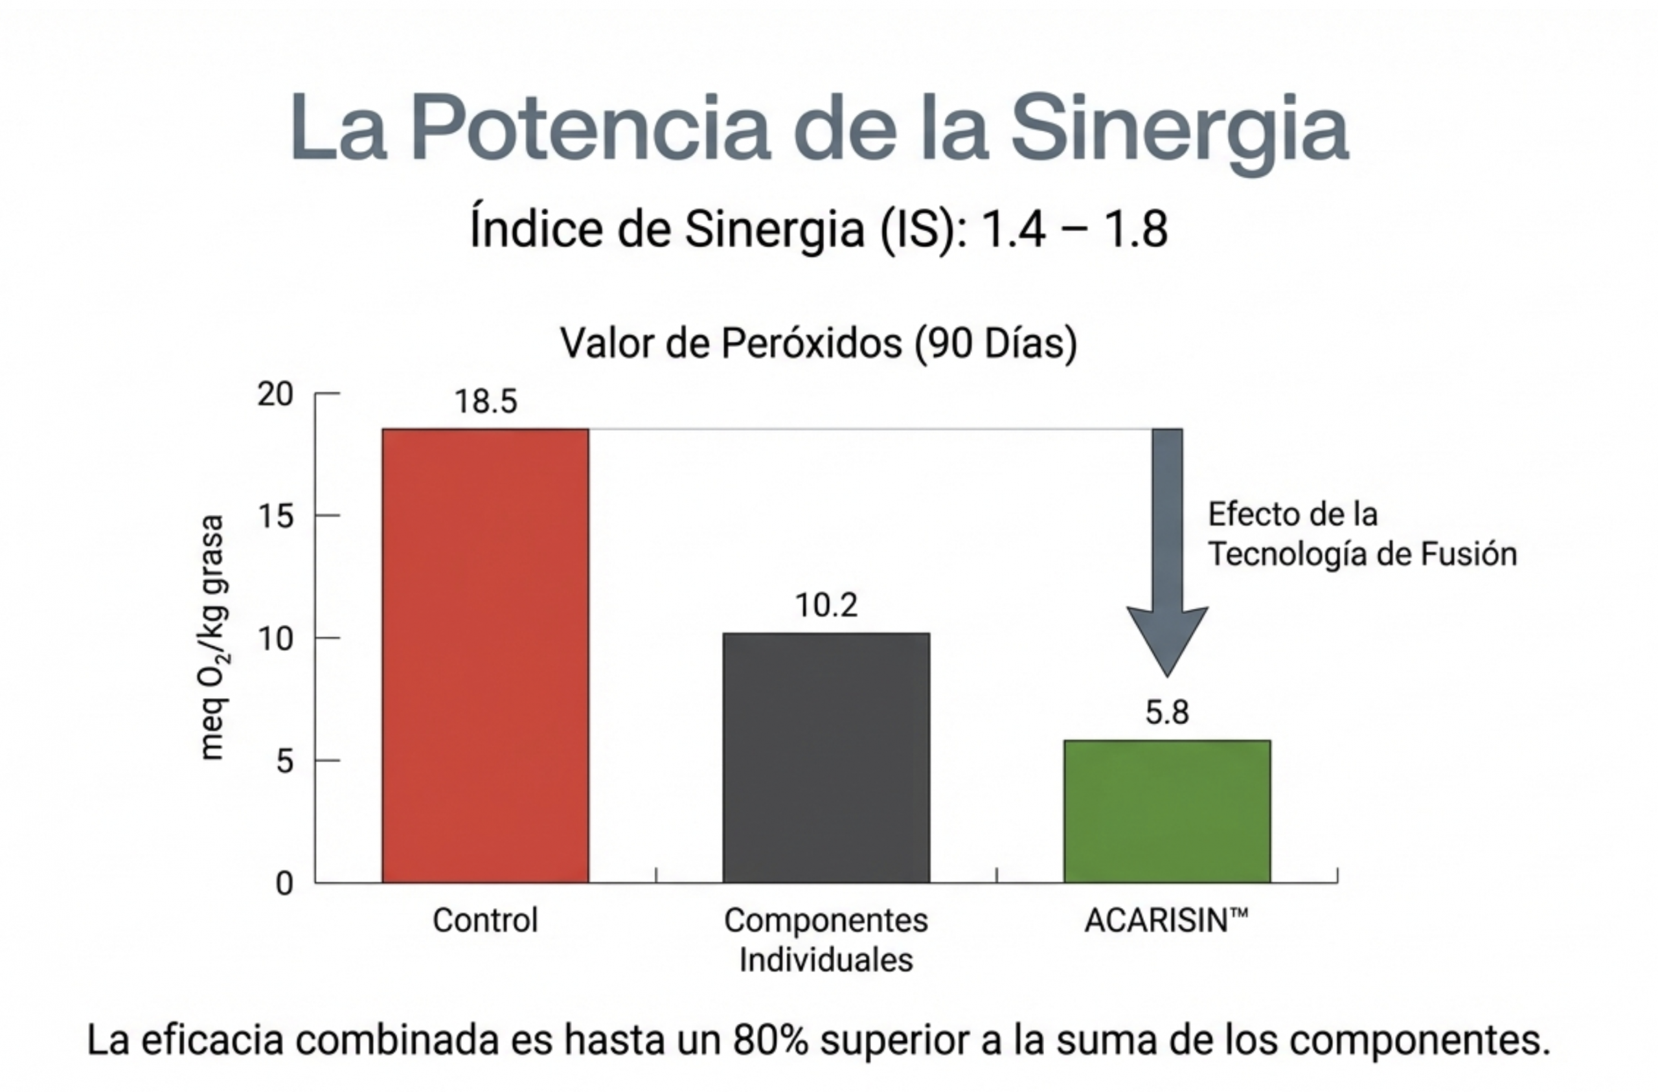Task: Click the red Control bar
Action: [485, 655]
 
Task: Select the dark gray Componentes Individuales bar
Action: [826, 758]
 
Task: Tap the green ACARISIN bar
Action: [1167, 811]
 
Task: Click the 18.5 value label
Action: [486, 402]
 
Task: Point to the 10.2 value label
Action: [826, 605]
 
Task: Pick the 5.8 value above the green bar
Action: [1167, 712]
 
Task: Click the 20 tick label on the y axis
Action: [275, 394]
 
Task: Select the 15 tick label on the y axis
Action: [275, 516]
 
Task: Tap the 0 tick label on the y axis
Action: [284, 883]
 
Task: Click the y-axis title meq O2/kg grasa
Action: [212, 637]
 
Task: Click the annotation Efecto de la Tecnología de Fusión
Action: [1362, 534]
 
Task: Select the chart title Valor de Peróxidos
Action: [819, 343]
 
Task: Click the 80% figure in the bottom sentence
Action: [770, 1040]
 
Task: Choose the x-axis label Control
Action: [485, 920]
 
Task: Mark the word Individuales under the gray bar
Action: [826, 960]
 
